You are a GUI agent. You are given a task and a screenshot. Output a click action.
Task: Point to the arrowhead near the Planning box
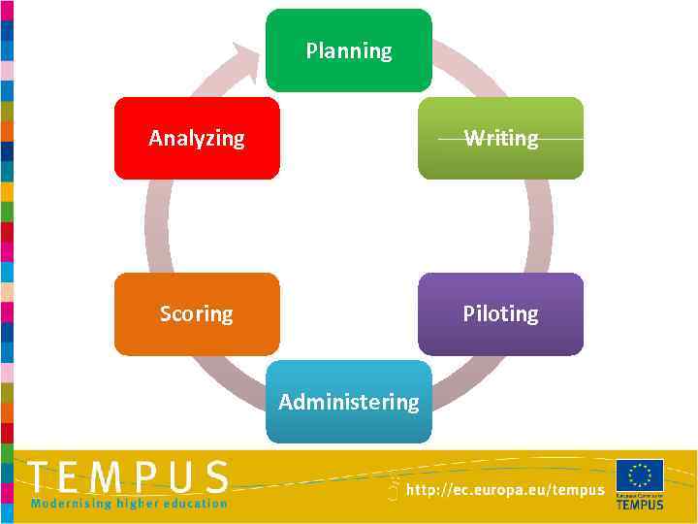[x=247, y=57]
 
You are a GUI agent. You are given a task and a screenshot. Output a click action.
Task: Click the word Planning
[x=349, y=50]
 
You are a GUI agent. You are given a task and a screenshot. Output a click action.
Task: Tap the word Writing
[x=500, y=138]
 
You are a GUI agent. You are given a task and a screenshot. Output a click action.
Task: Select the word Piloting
[x=500, y=313]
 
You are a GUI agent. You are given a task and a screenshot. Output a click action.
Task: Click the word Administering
[x=349, y=401]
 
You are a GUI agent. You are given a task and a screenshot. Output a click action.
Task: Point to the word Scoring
[x=197, y=313]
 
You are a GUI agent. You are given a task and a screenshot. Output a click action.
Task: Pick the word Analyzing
[x=197, y=138]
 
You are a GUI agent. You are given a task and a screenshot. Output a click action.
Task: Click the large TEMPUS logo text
[x=129, y=477]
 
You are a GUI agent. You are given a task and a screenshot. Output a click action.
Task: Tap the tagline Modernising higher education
[x=129, y=503]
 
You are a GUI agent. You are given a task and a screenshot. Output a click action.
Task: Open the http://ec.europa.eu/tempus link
[x=505, y=491]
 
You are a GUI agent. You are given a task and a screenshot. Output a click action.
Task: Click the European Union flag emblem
[x=640, y=475]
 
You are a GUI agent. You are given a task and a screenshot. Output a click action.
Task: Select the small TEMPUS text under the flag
[x=640, y=504]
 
